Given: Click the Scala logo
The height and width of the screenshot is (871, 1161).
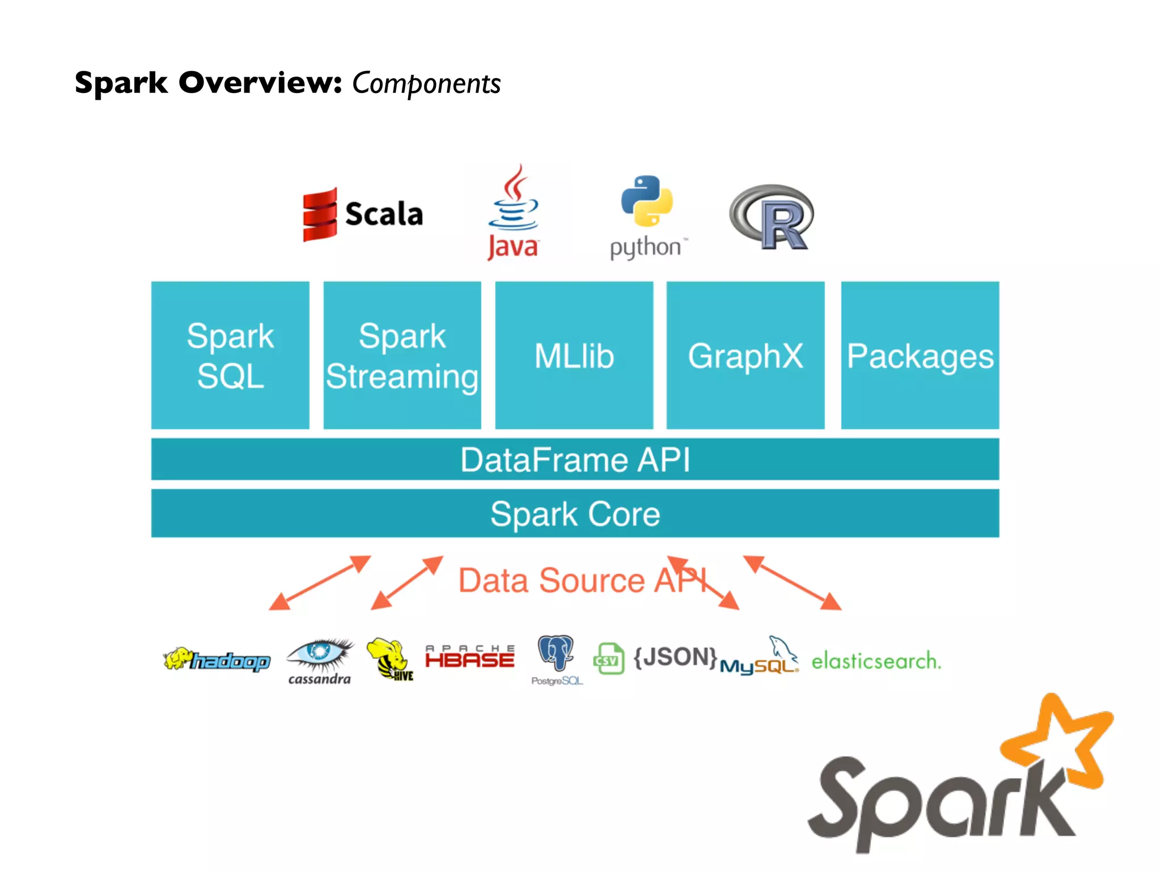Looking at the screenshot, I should pyautogui.click(x=363, y=214).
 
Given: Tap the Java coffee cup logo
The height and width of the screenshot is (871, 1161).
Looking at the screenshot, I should pyautogui.click(x=513, y=213).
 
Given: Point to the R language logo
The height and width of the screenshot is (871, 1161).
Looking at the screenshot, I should pyautogui.click(x=772, y=218).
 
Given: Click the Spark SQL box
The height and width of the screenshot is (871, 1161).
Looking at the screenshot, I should pyautogui.click(x=230, y=356).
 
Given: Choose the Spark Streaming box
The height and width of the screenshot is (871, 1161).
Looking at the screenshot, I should pyautogui.click(x=402, y=356).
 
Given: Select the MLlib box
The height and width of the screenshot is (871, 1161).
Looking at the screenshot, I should pyautogui.click(x=574, y=356).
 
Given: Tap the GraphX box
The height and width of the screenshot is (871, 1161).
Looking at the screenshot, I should pyautogui.click(x=745, y=356).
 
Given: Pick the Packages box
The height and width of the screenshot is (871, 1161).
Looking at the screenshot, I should pyautogui.click(x=920, y=356).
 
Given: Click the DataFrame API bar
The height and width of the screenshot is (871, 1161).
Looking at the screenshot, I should pyautogui.click(x=575, y=459).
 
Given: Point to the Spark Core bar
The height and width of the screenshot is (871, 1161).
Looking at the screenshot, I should pyautogui.click(x=575, y=514).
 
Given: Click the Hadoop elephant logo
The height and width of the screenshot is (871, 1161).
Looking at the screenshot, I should pyautogui.click(x=217, y=660).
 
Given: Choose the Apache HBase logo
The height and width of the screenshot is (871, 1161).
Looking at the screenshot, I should pyautogui.click(x=470, y=657).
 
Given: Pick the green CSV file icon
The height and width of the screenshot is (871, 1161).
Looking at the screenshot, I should pyautogui.click(x=608, y=659).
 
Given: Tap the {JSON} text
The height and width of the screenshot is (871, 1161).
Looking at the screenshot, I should pyautogui.click(x=675, y=657).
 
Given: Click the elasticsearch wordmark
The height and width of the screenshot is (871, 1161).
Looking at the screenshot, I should pyautogui.click(x=876, y=661).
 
